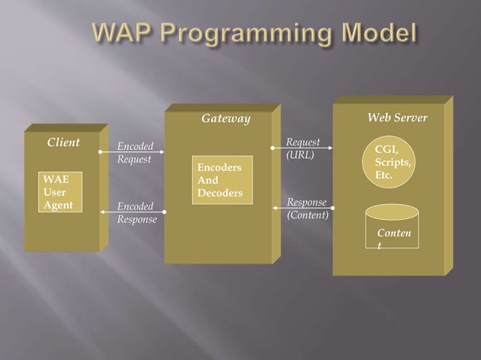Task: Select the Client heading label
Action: [x=63, y=142]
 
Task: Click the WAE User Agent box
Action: [x=59, y=192]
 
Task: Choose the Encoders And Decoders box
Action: [x=222, y=181]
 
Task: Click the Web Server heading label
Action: [x=397, y=117]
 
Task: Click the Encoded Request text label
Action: [x=135, y=153]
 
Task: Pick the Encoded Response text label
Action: [x=136, y=212]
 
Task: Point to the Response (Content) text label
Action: [x=307, y=208]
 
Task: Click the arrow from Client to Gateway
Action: [x=132, y=151]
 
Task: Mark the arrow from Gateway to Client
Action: [x=132, y=212]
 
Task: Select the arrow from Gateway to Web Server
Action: [x=302, y=148]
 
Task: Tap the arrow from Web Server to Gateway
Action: [x=302, y=207]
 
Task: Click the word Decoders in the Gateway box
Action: [x=219, y=194]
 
